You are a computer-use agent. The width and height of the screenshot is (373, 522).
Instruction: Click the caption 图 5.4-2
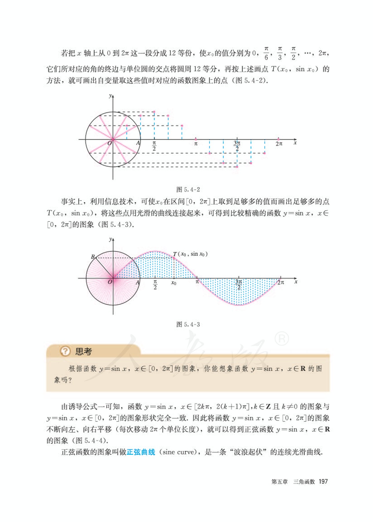[188, 189]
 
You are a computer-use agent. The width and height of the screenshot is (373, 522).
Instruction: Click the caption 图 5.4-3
[188, 324]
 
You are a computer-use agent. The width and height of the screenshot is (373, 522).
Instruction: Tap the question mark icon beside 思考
[65, 351]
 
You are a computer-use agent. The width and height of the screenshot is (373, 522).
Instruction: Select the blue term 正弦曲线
[141, 452]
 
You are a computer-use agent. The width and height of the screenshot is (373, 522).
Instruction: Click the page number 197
[323, 482]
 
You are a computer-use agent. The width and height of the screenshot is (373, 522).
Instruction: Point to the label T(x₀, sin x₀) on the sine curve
[190, 254]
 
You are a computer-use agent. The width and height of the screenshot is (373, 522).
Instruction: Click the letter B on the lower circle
[93, 257]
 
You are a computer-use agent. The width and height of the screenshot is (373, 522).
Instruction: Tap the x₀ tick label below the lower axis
[174, 283]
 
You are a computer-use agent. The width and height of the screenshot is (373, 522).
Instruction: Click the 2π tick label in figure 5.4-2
[279, 144]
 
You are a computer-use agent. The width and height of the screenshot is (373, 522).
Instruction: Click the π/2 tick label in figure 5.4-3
[155, 284]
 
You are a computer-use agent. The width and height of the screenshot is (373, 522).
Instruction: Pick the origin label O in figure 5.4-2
[109, 143]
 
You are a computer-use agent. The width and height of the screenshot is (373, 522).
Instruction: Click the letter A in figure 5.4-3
[138, 283]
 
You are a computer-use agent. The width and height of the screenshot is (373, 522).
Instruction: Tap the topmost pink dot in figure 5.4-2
[154, 112]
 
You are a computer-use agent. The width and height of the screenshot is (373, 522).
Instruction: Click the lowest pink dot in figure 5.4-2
[237, 167]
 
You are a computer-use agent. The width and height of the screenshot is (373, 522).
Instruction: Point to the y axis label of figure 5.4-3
[110, 239]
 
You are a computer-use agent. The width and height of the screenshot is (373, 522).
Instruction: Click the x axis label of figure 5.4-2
[295, 143]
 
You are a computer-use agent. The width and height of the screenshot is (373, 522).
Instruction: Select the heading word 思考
[83, 351]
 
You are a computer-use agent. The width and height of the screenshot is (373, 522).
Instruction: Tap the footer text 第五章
[279, 482]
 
